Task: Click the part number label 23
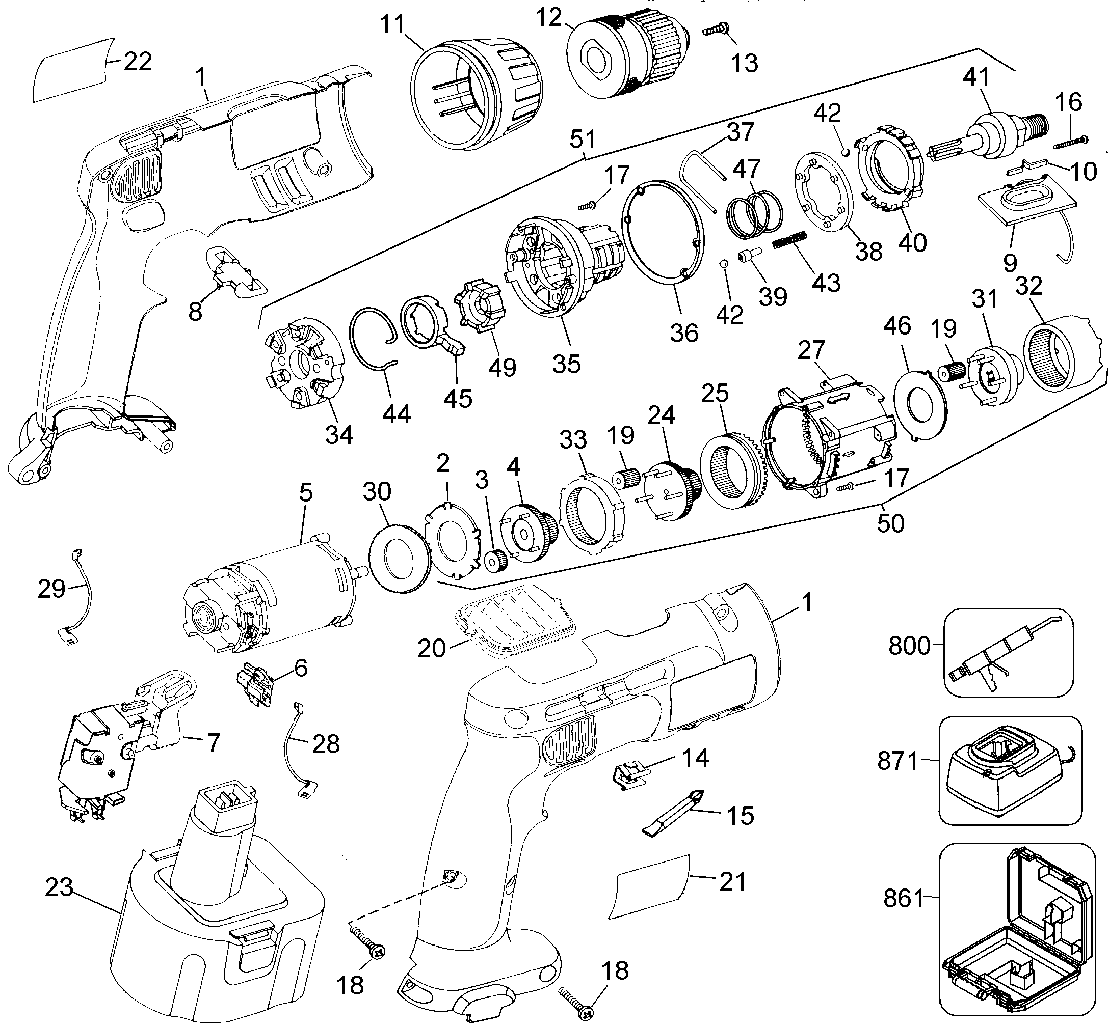click(x=59, y=887)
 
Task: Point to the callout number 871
click(x=897, y=760)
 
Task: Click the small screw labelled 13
click(x=717, y=29)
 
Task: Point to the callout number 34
click(x=339, y=434)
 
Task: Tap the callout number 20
click(x=432, y=648)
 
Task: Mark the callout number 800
click(x=909, y=646)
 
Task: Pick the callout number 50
click(x=890, y=523)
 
